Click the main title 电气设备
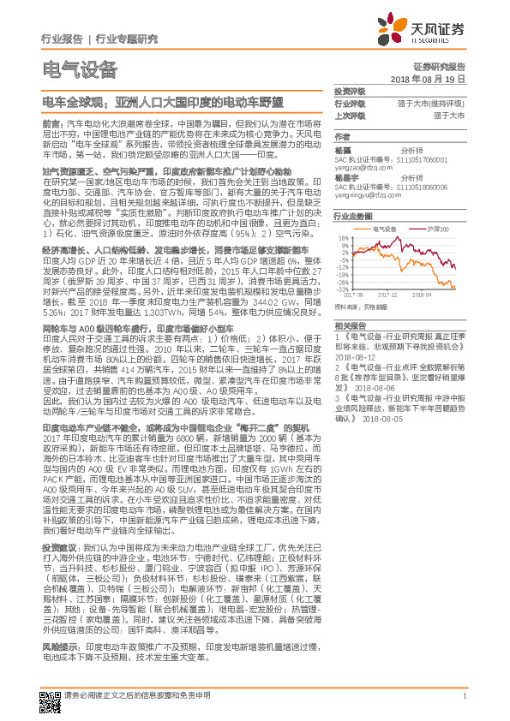[x=78, y=69]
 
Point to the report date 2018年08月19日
[x=427, y=78]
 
